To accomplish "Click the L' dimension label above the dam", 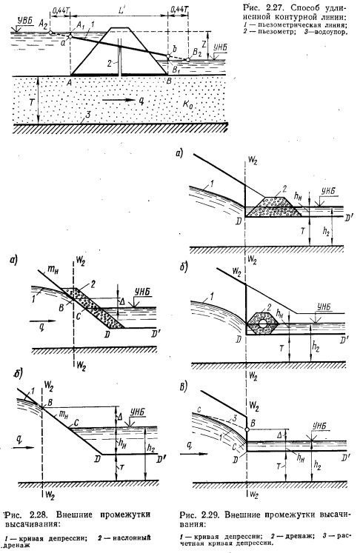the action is coord(123,10).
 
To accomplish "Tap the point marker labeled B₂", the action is coord(187,60).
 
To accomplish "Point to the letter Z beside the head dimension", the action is coord(203,44).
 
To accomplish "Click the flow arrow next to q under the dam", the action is coord(118,101).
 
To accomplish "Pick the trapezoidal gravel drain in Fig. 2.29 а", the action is coord(278,207).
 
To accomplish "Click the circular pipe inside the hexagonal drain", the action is coord(262,323).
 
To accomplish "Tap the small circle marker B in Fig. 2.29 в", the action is coord(247,429).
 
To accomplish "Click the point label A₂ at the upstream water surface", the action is coord(44,24).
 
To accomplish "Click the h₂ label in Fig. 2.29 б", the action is coord(316,347).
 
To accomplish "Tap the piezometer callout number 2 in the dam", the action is coord(110,63).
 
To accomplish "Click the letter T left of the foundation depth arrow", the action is coord(31,101).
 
